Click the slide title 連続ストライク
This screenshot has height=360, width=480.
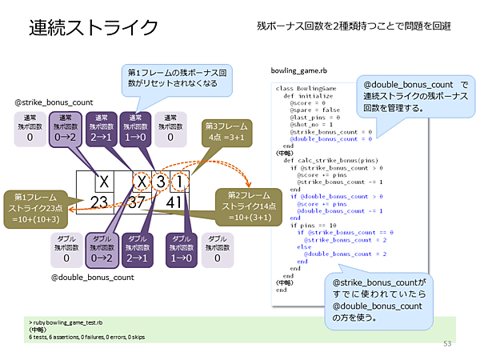[x=94, y=27]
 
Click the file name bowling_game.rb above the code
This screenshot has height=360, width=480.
[x=300, y=72]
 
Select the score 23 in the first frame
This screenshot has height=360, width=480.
[x=99, y=202]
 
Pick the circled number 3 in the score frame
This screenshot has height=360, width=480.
[x=161, y=182]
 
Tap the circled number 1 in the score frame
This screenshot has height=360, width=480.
[x=181, y=182]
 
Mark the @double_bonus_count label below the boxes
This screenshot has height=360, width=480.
[x=92, y=278]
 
